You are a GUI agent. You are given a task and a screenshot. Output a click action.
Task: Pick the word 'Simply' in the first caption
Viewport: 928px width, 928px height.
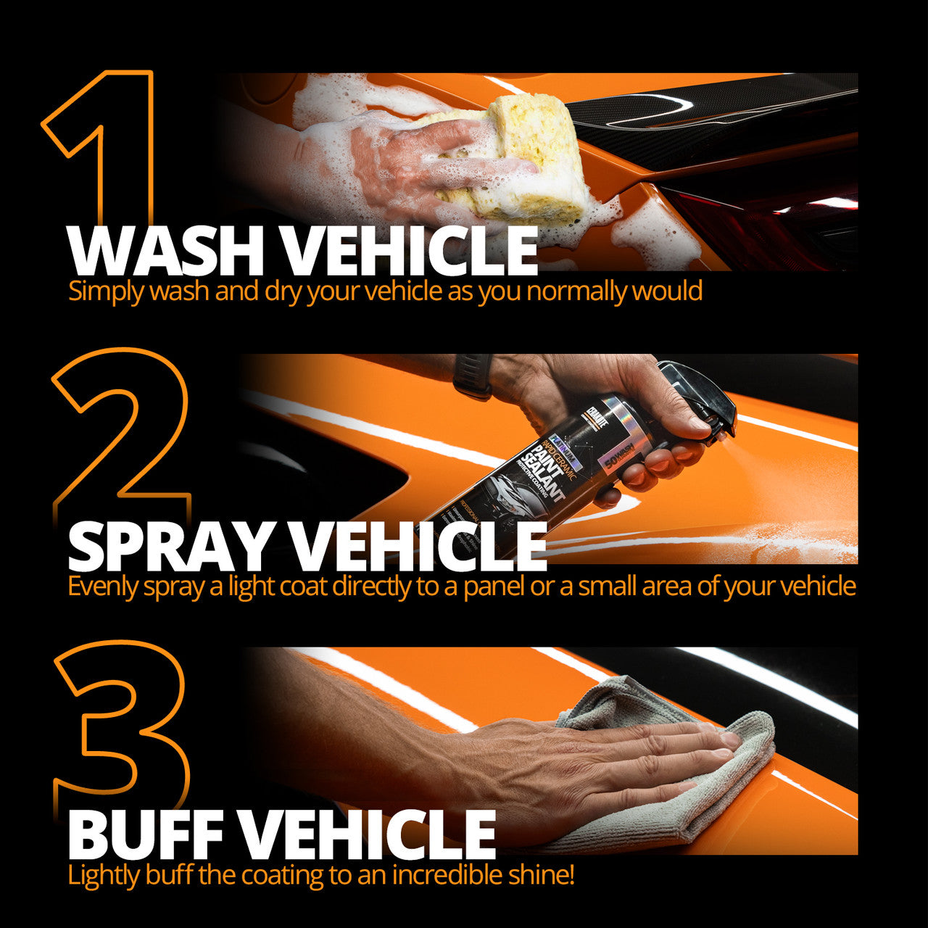[101, 291]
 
